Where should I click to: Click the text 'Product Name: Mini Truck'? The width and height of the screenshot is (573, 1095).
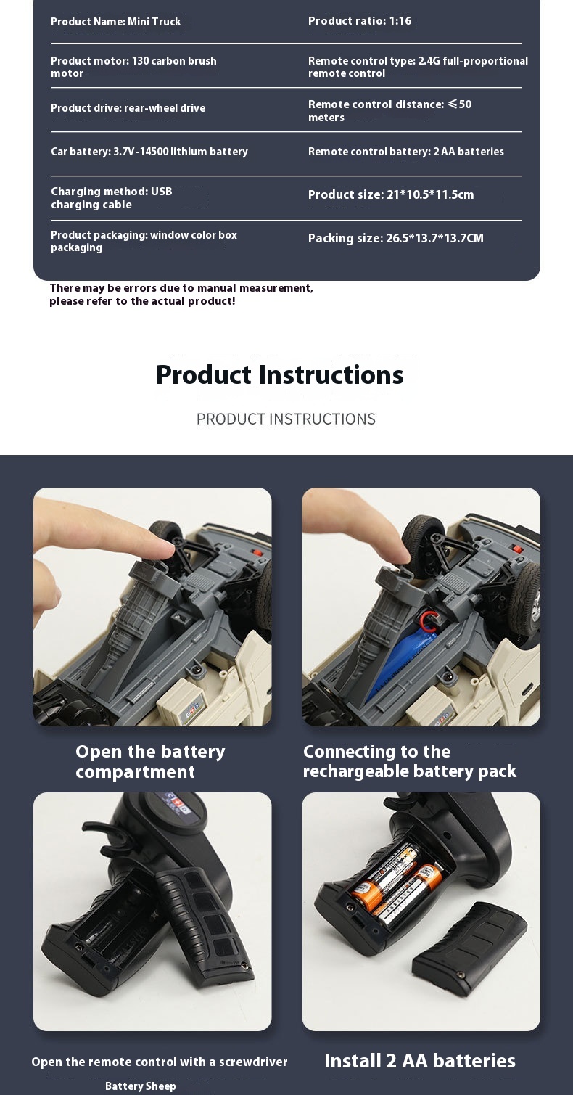pyautogui.click(x=116, y=22)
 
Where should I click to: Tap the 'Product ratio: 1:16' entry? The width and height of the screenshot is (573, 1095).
pyautogui.click(x=360, y=21)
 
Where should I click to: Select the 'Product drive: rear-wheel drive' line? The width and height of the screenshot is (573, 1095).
pyautogui.click(x=128, y=108)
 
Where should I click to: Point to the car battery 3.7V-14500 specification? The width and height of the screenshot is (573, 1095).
pyautogui.click(x=149, y=152)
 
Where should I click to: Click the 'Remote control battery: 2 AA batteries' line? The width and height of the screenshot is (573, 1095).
pyautogui.click(x=406, y=152)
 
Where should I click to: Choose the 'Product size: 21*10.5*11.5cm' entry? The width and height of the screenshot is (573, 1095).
pyautogui.click(x=391, y=194)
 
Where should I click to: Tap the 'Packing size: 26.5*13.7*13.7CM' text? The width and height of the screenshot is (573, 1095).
pyautogui.click(x=396, y=238)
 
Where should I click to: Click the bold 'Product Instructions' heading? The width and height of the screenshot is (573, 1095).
pyautogui.click(x=280, y=375)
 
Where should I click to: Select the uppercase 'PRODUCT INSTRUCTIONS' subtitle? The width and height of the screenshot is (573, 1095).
pyautogui.click(x=286, y=419)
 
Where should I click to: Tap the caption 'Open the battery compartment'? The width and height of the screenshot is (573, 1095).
pyautogui.click(x=150, y=761)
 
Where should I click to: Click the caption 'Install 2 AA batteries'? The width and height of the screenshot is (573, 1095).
pyautogui.click(x=420, y=1061)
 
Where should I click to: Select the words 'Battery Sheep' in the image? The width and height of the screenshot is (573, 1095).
pyautogui.click(x=140, y=1086)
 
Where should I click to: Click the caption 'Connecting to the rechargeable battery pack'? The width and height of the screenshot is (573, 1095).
pyautogui.click(x=409, y=761)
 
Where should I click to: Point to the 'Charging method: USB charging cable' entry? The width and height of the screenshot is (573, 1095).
pyautogui.click(x=112, y=198)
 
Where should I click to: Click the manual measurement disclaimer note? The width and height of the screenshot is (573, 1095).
pyautogui.click(x=181, y=295)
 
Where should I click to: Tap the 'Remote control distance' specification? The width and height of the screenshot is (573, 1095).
pyautogui.click(x=389, y=110)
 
